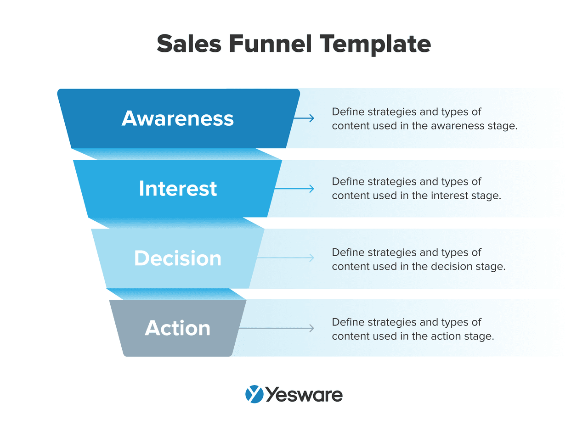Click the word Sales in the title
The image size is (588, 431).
point(189,44)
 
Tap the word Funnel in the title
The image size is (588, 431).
point(270,44)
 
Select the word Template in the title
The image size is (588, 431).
point(375,45)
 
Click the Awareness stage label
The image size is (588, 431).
point(178,118)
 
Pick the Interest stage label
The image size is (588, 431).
point(178,188)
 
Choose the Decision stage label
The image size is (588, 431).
point(178,258)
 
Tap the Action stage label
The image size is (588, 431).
point(178,328)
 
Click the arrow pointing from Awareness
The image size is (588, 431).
point(304,118)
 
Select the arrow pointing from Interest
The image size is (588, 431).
point(294,189)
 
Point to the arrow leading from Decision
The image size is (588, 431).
point(286,257)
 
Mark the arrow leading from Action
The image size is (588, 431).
point(277,328)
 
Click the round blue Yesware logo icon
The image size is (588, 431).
point(254,394)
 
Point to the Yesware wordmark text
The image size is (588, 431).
point(305,395)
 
